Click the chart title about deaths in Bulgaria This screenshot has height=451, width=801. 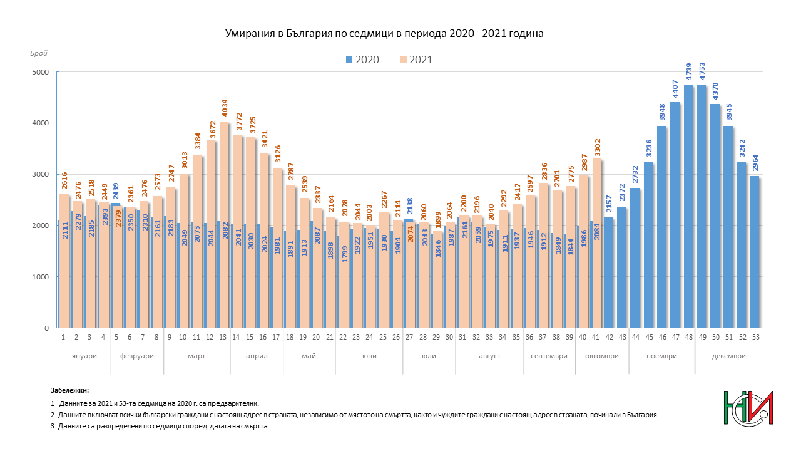[x=384, y=34]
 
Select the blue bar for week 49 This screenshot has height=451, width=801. [x=702, y=207]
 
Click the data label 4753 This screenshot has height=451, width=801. [x=702, y=72]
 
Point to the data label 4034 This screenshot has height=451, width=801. [x=224, y=109]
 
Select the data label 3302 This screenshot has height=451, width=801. [x=597, y=147]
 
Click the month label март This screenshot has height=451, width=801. [x=196, y=356]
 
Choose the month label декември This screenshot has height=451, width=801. [x=728, y=356]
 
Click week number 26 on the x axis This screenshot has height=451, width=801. [x=396, y=337]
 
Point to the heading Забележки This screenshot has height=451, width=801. [x=69, y=390]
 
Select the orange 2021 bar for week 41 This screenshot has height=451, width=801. [x=597, y=244]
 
